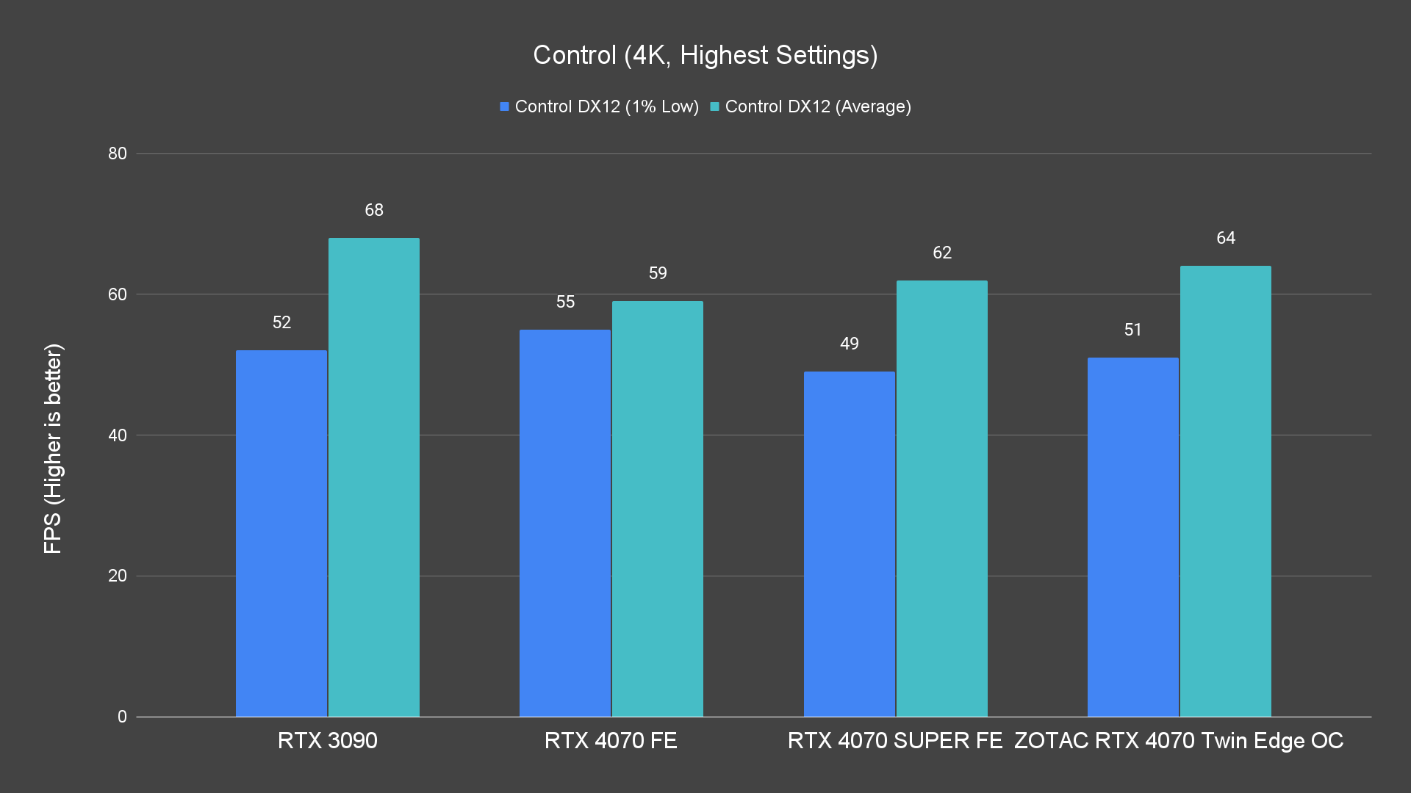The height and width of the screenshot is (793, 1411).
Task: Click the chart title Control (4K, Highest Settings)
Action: coord(705,55)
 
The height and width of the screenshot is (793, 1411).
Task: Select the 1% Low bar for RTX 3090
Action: coord(281,533)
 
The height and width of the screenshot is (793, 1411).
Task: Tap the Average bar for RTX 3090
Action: coord(374,477)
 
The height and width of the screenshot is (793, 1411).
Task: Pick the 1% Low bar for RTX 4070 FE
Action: coord(565,523)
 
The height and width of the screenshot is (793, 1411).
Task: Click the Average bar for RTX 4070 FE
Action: coord(658,509)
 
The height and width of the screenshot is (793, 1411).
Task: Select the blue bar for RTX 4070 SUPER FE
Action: coord(849,543)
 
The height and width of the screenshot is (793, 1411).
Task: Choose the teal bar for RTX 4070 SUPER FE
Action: coord(942,498)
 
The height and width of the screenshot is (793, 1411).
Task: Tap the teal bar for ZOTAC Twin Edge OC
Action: coord(1226,490)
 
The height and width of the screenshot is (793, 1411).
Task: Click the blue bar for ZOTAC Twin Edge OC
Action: coord(1132,537)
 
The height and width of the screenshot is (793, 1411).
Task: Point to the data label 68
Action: coord(374,210)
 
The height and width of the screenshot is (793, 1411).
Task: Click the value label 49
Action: coord(850,344)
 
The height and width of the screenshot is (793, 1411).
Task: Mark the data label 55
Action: coord(565,302)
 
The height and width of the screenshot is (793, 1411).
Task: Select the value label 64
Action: coord(1226,238)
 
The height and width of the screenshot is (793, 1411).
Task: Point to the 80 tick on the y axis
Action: coord(118,153)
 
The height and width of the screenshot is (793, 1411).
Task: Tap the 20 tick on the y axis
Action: coord(118,576)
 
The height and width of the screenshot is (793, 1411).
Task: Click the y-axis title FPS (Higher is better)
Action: coord(53,448)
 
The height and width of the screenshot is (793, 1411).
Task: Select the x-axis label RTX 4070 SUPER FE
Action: coord(895,740)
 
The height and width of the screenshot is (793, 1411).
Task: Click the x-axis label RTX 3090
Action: coord(328,740)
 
